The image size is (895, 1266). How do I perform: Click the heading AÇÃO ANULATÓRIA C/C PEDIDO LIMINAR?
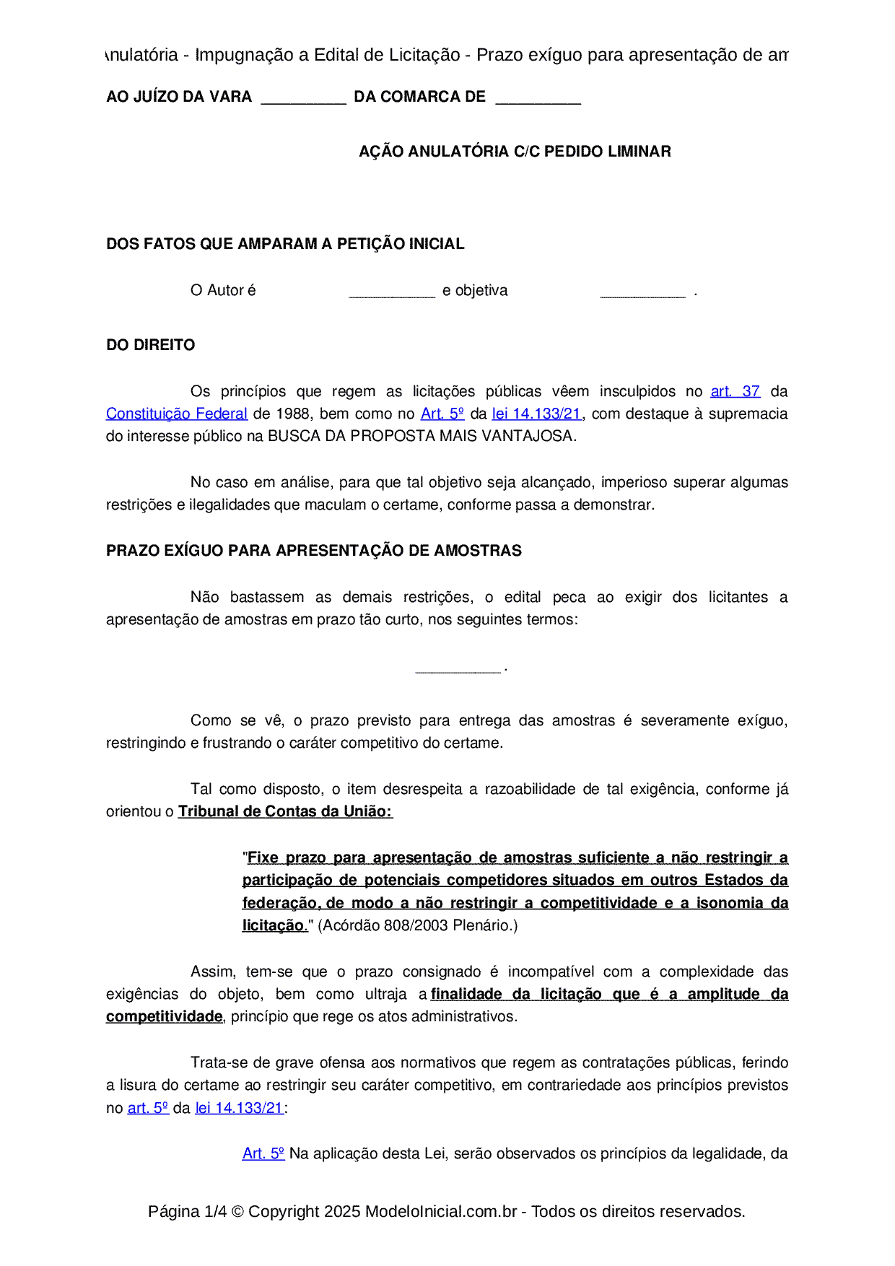[x=515, y=152]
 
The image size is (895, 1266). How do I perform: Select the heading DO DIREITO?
[x=150, y=345]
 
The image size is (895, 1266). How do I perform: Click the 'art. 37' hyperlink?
[x=735, y=391]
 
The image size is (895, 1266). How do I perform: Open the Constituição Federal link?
[x=177, y=414]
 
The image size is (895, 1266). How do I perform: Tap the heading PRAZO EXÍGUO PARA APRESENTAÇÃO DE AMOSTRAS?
[x=313, y=551]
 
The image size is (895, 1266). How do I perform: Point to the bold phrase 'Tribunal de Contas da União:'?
[x=285, y=811]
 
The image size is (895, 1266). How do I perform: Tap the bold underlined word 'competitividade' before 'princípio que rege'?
[x=164, y=1016]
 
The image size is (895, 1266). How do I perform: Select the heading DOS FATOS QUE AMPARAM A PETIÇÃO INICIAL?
[x=285, y=244]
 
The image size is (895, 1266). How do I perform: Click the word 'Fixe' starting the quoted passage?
[x=263, y=857]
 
